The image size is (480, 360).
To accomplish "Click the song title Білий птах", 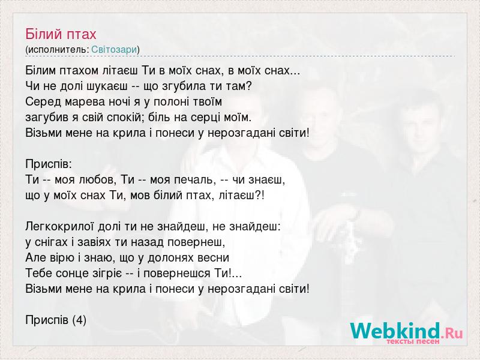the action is pos(61,34).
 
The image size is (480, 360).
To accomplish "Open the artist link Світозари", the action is pos(114,50).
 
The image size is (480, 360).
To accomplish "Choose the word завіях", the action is pos(94,242).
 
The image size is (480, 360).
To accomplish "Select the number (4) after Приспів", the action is pos(79,320).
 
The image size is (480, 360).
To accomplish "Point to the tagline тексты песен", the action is pos(413,341).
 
